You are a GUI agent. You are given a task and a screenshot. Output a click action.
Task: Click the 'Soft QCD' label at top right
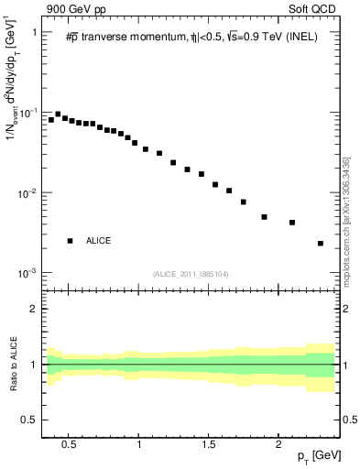tap(316, 9)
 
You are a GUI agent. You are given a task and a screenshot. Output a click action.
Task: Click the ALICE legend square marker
tap(70, 241)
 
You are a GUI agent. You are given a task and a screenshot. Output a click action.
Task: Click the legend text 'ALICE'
tap(98, 241)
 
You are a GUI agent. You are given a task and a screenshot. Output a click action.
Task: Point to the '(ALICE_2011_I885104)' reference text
tap(190, 274)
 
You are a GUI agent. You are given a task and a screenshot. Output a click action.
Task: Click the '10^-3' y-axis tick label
tap(27, 274)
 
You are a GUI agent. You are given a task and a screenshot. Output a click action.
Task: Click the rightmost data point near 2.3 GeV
tap(321, 244)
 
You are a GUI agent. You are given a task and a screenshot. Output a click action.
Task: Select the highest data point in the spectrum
tap(58, 115)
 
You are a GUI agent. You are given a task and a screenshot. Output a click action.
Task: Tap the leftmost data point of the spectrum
tap(51, 120)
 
